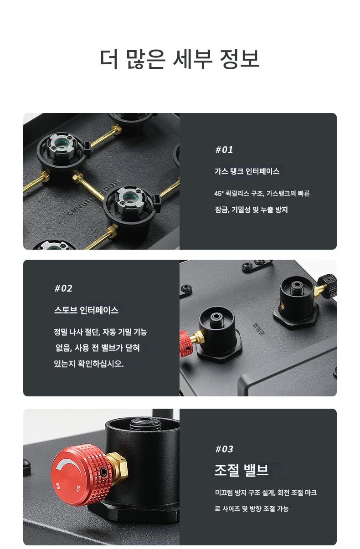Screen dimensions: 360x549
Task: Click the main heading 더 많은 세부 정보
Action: click(x=180, y=59)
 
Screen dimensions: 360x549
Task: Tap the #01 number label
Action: click(x=224, y=150)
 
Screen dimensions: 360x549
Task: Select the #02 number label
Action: click(x=63, y=288)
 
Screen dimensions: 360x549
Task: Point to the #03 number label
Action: click(x=224, y=449)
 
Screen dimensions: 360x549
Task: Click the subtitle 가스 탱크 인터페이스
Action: click(x=247, y=171)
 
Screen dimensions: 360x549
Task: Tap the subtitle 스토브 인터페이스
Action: click(x=86, y=310)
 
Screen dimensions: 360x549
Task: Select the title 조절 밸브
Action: click(x=242, y=470)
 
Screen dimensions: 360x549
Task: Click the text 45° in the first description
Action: click(x=218, y=193)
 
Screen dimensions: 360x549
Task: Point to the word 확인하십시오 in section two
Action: click(x=100, y=363)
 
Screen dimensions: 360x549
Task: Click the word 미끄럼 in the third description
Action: click(x=224, y=493)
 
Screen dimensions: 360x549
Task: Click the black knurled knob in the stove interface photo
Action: click(x=328, y=283)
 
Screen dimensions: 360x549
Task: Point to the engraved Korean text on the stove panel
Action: click(x=257, y=329)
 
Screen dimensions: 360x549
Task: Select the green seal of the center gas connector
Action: click(x=129, y=197)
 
